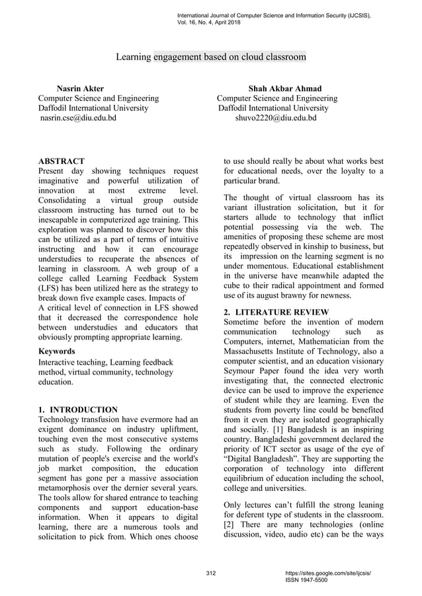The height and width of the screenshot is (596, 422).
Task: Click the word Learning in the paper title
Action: (133, 57)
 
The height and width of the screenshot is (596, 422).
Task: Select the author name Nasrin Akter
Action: (80, 89)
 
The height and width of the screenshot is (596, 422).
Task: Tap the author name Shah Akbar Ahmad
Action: (284, 89)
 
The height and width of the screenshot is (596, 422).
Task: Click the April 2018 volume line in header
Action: (209, 22)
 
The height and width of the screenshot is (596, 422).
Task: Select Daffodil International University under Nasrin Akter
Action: (93, 108)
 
